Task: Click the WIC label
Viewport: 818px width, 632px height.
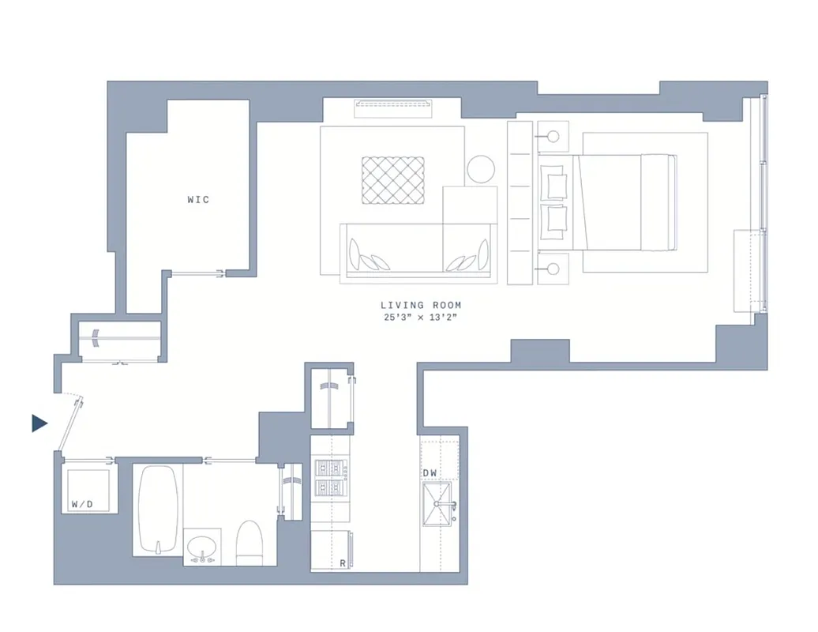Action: pos(198,200)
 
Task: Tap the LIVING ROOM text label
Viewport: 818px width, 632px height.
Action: pos(421,305)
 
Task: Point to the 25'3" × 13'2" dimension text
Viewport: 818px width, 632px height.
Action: pos(421,318)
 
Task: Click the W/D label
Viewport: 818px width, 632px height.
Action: pos(81,503)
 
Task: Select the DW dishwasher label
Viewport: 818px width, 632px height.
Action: pos(430,473)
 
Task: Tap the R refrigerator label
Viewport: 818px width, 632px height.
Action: pos(342,563)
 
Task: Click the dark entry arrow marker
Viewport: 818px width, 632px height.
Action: pos(39,423)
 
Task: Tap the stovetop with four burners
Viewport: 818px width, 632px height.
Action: pos(331,478)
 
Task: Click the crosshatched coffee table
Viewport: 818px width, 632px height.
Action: pos(392,181)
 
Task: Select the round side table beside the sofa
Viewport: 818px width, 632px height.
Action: pos(480,169)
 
